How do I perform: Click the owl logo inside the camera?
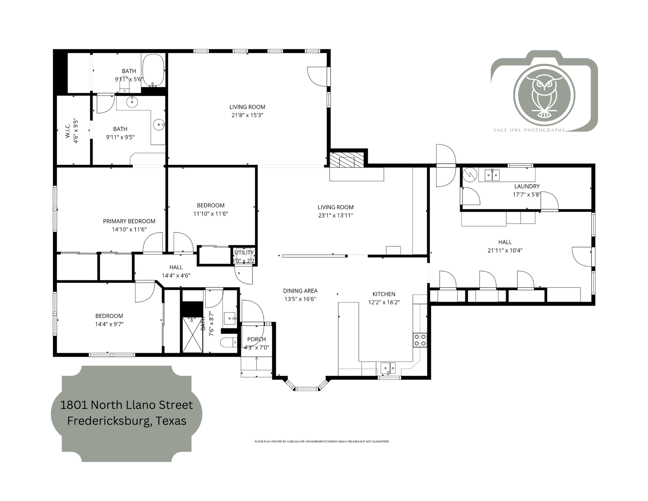[544, 95]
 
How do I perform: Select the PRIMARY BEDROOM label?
[129, 221]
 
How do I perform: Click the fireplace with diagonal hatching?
[346, 160]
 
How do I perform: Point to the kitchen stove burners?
[420, 340]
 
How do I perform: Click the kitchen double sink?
[388, 368]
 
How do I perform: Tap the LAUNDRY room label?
[527, 186]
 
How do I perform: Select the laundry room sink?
[492, 175]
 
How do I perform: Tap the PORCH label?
[257, 339]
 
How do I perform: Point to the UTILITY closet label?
[244, 252]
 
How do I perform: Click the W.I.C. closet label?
[68, 130]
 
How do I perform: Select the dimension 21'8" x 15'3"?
[247, 115]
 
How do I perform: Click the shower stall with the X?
[193, 335]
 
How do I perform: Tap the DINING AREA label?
[300, 291]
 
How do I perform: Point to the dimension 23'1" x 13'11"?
[335, 215]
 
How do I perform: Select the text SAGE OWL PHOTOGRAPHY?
[529, 130]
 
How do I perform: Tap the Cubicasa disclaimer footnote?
[322, 442]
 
